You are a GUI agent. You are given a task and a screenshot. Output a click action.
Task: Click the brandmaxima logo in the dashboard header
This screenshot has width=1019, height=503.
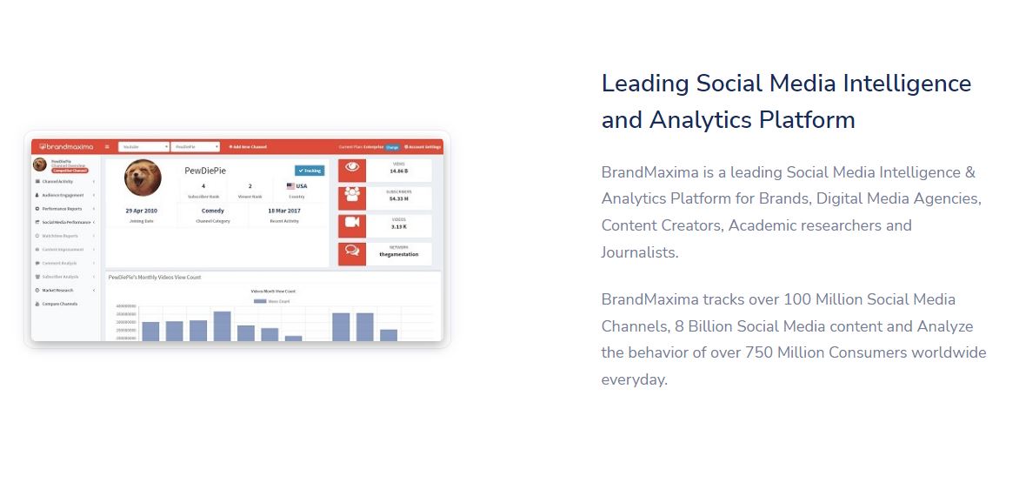[x=66, y=147]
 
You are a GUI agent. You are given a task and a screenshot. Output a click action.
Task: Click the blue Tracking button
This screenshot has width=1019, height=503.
[x=309, y=171]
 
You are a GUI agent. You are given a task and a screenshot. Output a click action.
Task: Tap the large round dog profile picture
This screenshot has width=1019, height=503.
[x=143, y=178]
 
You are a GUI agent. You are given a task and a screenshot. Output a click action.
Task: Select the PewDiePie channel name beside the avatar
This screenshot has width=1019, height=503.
[x=205, y=171]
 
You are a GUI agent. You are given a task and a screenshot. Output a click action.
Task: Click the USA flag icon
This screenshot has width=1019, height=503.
[x=290, y=186]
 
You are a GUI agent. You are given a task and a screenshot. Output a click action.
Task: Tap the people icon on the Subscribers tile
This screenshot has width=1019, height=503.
[x=352, y=197]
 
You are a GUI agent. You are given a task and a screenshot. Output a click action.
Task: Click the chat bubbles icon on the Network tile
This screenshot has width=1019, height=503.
[x=352, y=253]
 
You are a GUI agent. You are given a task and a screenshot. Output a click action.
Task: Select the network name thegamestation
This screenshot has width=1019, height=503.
[x=398, y=255]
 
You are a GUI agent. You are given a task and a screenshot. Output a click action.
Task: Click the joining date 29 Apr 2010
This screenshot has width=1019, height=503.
[x=141, y=211]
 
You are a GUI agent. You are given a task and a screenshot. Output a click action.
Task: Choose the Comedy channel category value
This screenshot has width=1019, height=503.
[x=212, y=211]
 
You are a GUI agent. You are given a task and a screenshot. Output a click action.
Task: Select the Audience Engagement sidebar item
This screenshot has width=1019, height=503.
[x=63, y=195]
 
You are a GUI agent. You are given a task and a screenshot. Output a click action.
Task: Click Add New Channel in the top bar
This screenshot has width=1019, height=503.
[x=248, y=147]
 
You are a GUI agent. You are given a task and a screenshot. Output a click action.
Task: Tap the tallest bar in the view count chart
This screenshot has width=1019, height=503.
[x=222, y=326]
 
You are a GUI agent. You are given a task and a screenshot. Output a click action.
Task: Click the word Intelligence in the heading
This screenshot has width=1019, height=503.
[x=901, y=84]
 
